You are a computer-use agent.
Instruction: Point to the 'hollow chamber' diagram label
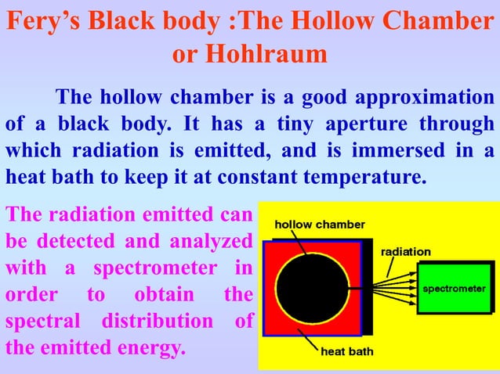(x=319, y=224)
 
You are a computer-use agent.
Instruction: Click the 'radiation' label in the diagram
(x=405, y=252)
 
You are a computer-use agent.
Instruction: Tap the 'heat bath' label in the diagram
(x=347, y=351)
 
